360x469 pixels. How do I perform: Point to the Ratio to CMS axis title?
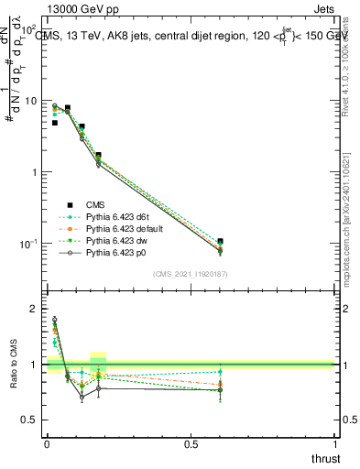12,365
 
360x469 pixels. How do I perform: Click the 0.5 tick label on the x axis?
191,444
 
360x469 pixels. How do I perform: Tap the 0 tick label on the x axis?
47,444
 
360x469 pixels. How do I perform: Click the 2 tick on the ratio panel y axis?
34,309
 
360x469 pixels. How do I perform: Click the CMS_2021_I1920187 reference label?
191,275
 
